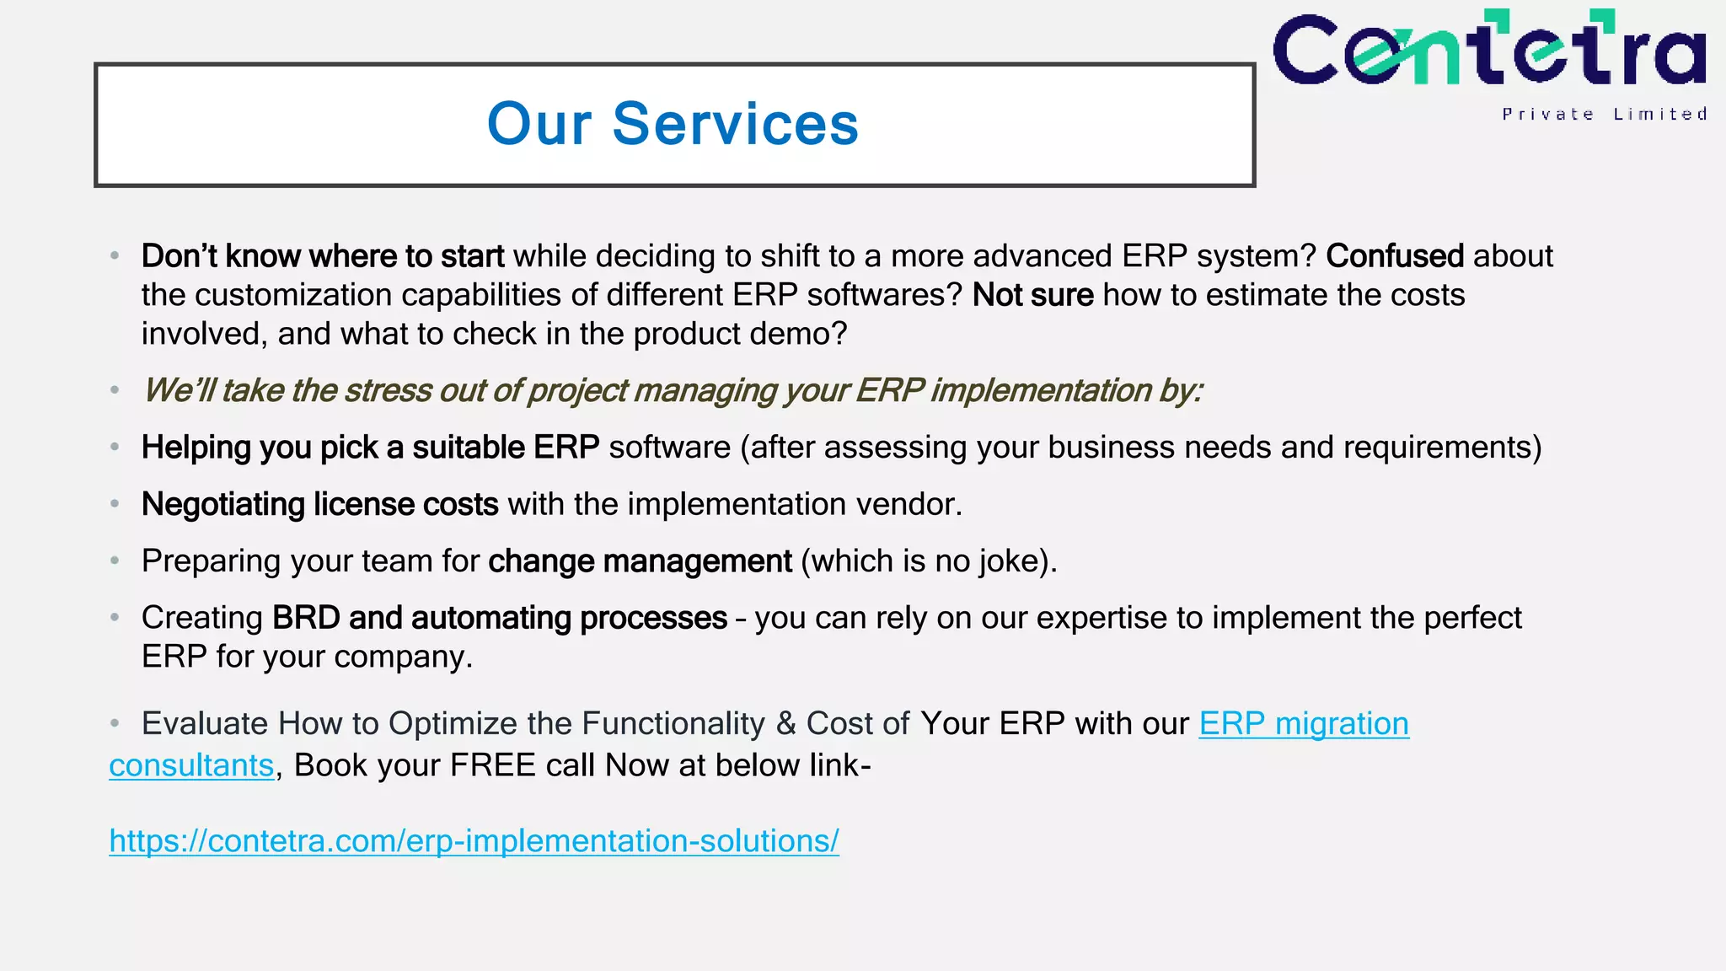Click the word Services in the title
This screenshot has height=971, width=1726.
[x=735, y=125]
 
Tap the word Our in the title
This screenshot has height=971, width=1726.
[x=539, y=125]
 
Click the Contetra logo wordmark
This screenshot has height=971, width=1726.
[x=1489, y=51]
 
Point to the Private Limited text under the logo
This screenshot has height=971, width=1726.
[x=1604, y=114]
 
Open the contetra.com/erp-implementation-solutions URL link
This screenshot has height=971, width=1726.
[x=474, y=840]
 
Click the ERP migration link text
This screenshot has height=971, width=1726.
[x=1303, y=723]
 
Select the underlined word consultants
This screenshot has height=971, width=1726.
[x=191, y=765]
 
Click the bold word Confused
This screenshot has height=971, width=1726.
[x=1394, y=255]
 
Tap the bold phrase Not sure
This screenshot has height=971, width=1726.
[x=1032, y=295]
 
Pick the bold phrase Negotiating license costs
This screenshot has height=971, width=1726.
[x=319, y=504]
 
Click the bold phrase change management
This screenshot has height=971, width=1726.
[x=640, y=561]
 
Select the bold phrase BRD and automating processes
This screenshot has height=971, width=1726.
[x=499, y=618]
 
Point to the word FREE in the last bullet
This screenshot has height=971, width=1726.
[x=493, y=765]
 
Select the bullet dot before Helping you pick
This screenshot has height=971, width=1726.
[x=115, y=448]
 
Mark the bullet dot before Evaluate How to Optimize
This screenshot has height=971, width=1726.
[x=115, y=723]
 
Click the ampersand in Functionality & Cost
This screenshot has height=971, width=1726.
[x=785, y=723]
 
